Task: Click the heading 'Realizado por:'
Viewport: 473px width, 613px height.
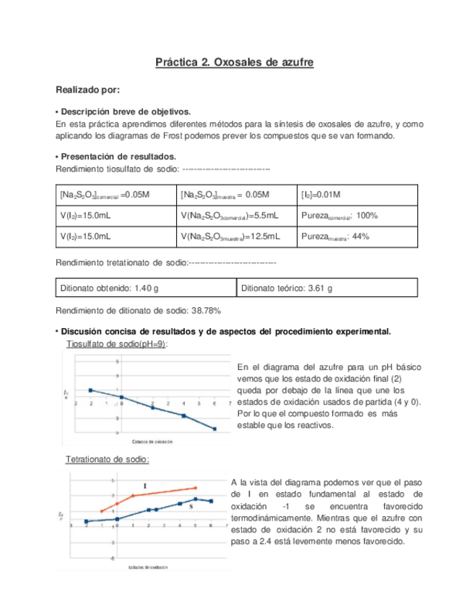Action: click(87, 90)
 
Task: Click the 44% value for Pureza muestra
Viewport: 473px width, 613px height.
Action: click(360, 236)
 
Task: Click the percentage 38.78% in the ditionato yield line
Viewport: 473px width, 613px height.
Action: click(206, 311)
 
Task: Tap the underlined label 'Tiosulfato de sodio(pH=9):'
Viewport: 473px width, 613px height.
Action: click(116, 344)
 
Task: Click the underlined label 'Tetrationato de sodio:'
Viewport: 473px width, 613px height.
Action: click(108, 459)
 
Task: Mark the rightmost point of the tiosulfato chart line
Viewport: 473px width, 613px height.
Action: click(214, 429)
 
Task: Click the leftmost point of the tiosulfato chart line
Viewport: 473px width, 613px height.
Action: click(90, 390)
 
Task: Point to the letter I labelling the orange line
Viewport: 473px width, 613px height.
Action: click(145, 486)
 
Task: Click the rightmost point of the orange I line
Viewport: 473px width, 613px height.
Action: click(195, 488)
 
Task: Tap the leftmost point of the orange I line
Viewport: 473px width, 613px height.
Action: click(101, 511)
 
